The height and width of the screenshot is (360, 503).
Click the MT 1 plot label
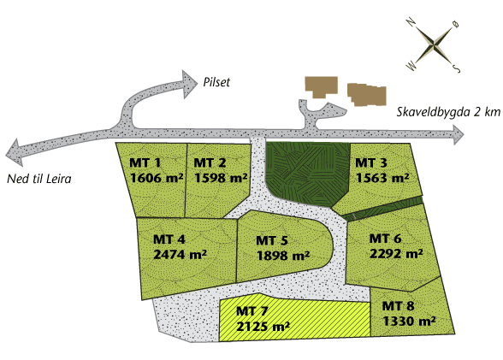pyautogui.click(x=145, y=162)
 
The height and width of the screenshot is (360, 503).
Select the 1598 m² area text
pyautogui.click(x=221, y=178)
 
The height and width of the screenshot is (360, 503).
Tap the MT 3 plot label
pyautogui.click(x=371, y=162)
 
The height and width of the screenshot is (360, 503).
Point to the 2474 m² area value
pyautogui.click(x=180, y=254)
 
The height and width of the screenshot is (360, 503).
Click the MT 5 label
pyautogui.click(x=272, y=240)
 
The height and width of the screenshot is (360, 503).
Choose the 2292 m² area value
pyautogui.click(x=396, y=254)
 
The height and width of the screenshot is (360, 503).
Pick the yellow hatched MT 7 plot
pyautogui.click(x=294, y=317)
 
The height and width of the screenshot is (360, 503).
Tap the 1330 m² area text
pyautogui.click(x=409, y=321)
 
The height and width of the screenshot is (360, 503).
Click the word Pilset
pyautogui.click(x=216, y=82)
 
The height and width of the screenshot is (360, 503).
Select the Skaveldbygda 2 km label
pyautogui.click(x=448, y=112)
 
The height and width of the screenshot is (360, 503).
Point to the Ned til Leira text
pyautogui.click(x=39, y=179)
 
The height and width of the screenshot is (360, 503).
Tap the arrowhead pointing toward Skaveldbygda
pyautogui.click(x=458, y=134)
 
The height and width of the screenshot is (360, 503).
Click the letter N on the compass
pyautogui.click(x=411, y=22)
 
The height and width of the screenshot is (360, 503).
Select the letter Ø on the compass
pyautogui.click(x=455, y=24)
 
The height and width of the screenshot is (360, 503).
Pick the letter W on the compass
pyautogui.click(x=411, y=67)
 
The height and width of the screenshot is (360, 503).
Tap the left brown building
pyautogui.click(x=321, y=86)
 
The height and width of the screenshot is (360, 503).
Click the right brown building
pyautogui.click(x=367, y=94)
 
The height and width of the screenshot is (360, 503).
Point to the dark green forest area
pyautogui.click(x=307, y=172)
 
